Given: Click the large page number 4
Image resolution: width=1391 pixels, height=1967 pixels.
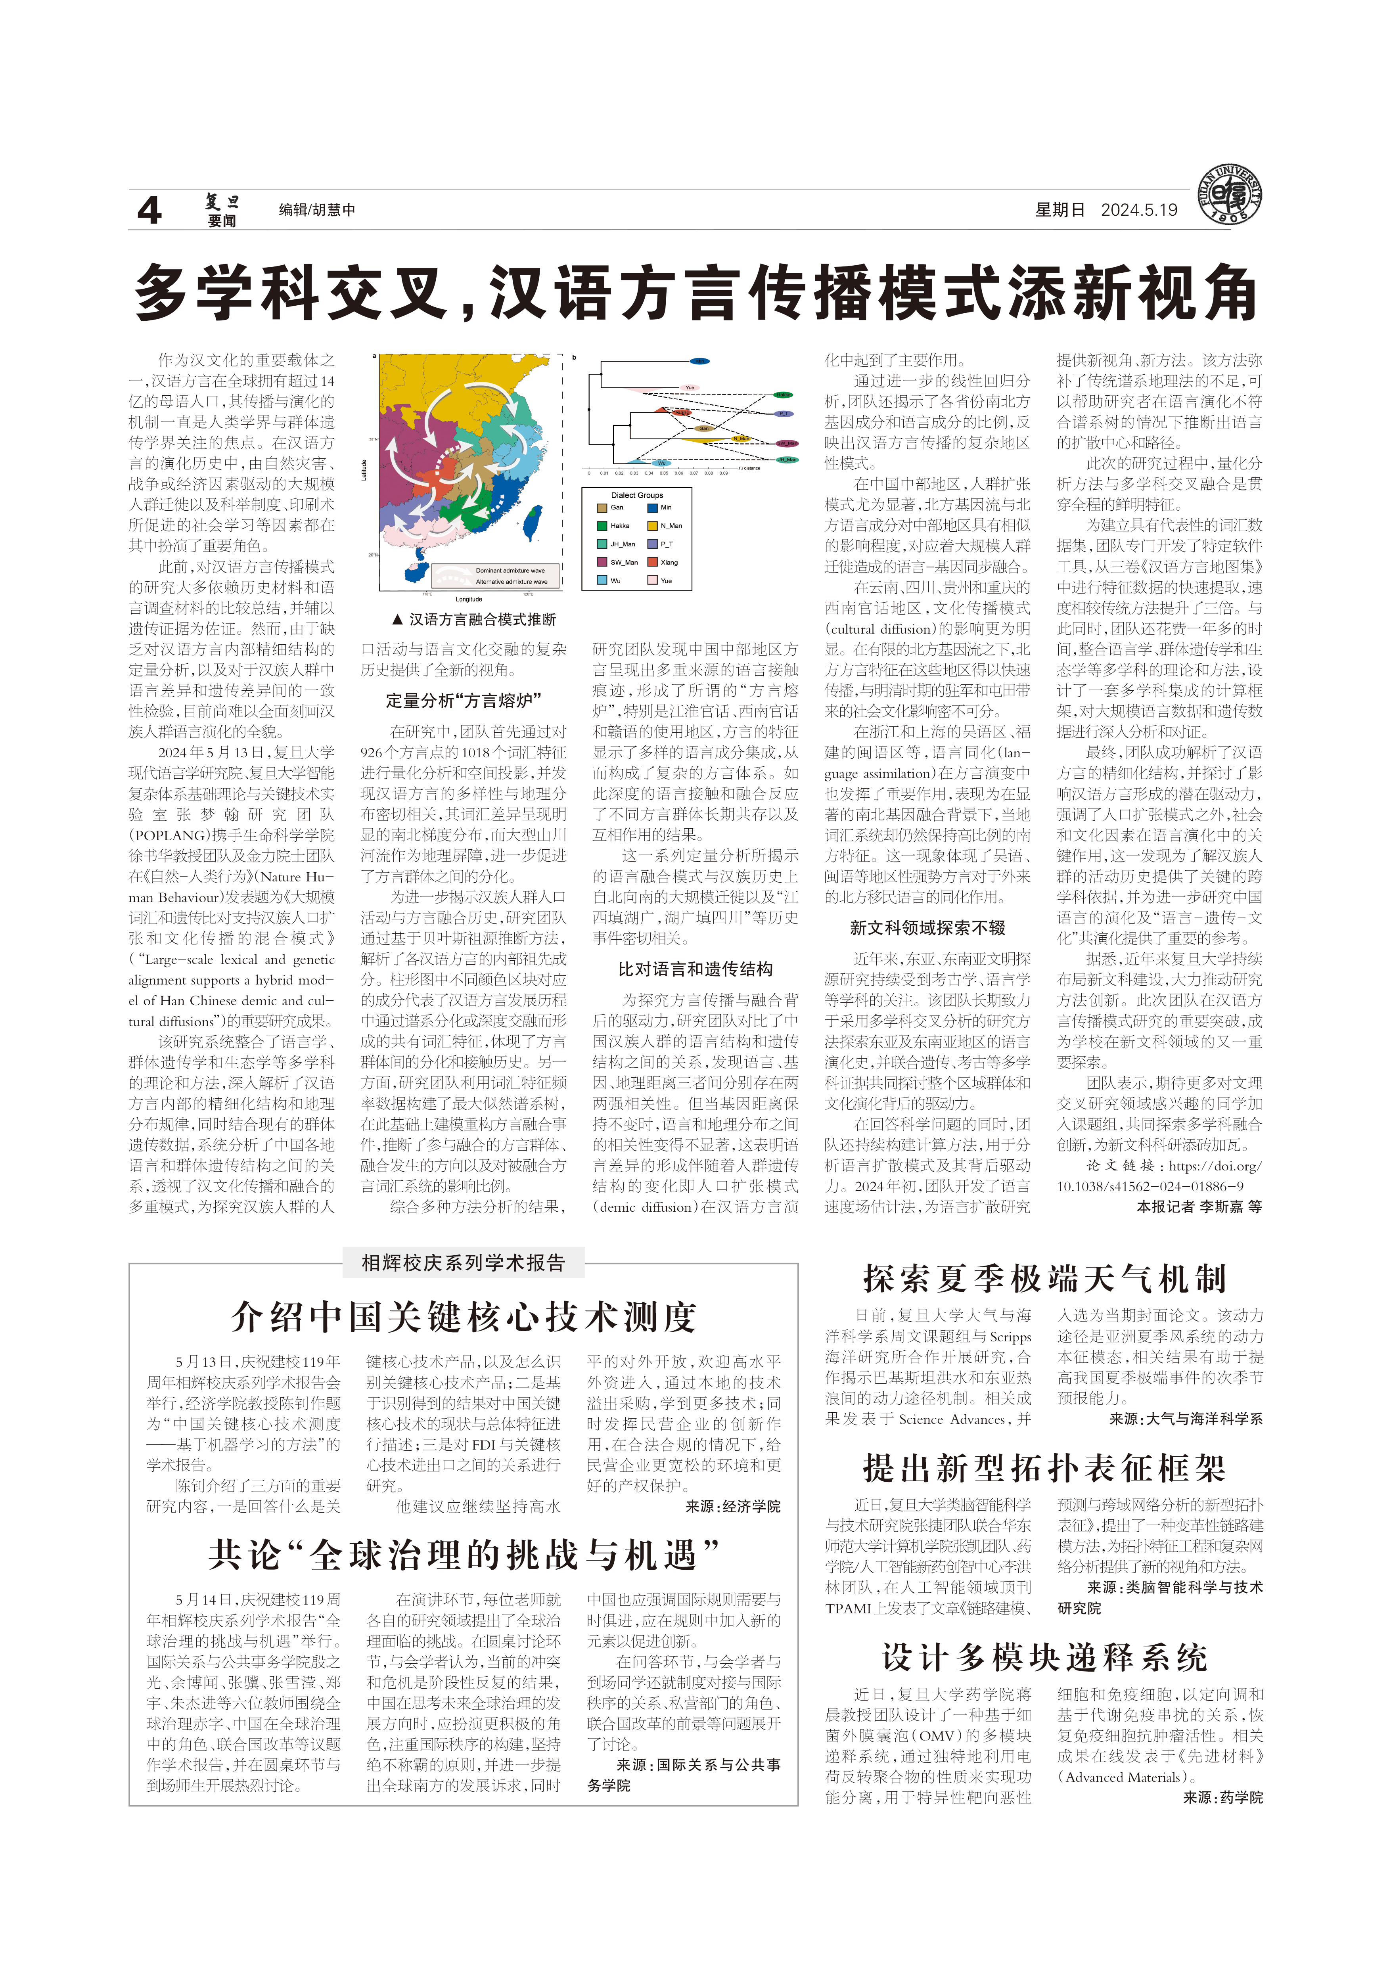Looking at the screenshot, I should (x=150, y=210).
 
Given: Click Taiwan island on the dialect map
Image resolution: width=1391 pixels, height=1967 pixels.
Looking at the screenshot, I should (x=532, y=518).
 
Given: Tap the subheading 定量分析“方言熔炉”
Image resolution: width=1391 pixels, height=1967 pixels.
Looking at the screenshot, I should (x=464, y=701).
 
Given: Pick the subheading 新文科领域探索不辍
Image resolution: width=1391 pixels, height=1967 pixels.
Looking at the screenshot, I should (x=927, y=928).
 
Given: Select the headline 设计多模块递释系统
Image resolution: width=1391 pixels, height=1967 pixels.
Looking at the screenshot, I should (x=1045, y=1658).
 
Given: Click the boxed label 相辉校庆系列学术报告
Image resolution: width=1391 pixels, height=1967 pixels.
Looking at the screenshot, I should (x=464, y=1263).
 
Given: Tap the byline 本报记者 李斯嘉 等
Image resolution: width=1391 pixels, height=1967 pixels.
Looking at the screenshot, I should (x=1199, y=1206).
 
